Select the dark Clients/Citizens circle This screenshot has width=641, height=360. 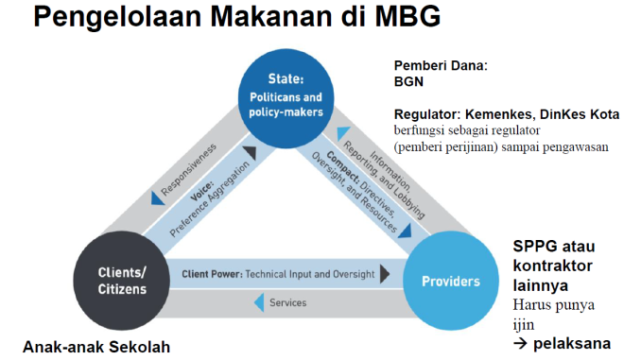[121, 281]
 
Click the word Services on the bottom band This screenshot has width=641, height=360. [288, 303]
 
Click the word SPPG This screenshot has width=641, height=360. [534, 247]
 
